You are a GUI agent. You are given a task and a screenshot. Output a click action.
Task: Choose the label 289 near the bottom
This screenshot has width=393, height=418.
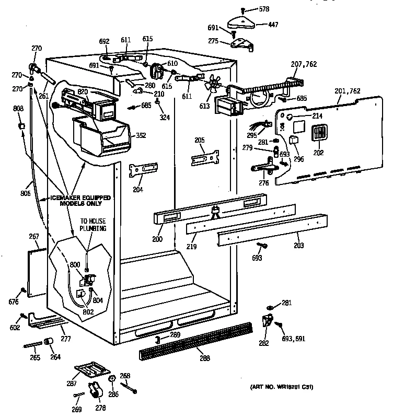(x=175, y=335)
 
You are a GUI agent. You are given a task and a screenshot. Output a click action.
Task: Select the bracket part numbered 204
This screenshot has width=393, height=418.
(x=144, y=169)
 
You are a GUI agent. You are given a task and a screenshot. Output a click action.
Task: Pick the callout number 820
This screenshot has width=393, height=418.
(x=83, y=91)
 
